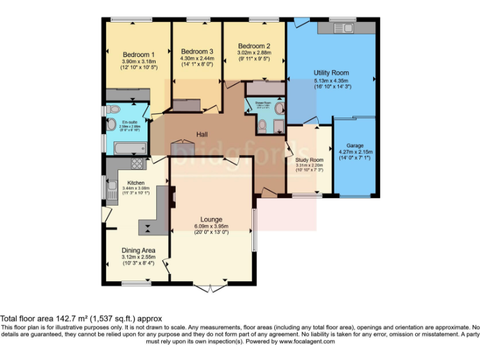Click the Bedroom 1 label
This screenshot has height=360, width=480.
pos(139,55)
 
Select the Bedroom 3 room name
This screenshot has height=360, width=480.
pos(197,51)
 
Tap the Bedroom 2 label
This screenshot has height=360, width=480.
pos(254,46)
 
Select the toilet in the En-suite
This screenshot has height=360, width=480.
pos(112,109)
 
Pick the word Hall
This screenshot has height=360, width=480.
pos(202,134)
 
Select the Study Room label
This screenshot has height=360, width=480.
pos(309,160)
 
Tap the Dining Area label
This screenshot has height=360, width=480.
pos(138,250)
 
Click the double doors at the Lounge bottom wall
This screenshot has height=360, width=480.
pos(211,288)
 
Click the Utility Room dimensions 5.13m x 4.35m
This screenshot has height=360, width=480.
pos(331,80)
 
